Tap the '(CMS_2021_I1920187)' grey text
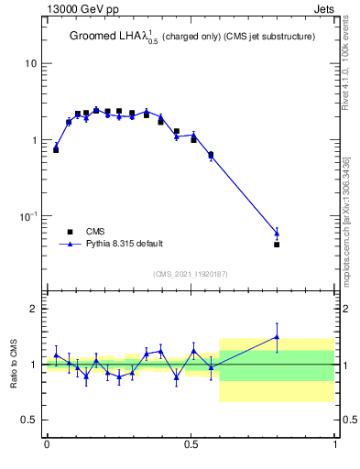[x=191, y=273]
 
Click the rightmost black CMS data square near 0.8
[x=277, y=245]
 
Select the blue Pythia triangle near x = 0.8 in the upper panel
[x=277, y=233]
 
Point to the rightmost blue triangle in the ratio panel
[x=277, y=337]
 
